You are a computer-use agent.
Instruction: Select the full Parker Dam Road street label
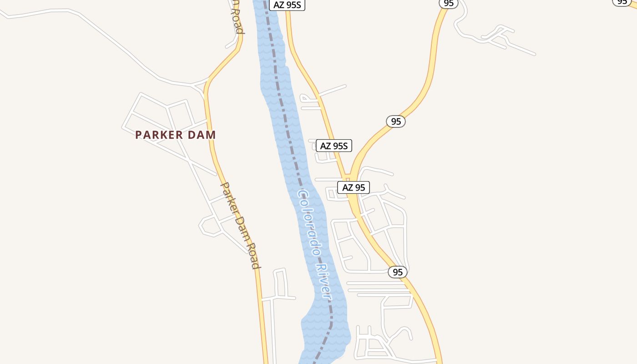tap(241, 226)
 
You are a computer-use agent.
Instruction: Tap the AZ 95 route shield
tap(354, 187)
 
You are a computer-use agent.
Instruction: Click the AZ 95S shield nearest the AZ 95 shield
tap(334, 146)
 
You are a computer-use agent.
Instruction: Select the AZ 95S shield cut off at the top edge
tap(287, 5)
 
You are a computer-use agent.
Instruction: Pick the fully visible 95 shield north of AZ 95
tap(396, 121)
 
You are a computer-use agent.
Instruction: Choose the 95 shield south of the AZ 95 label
tap(398, 272)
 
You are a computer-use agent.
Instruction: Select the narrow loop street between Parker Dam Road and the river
tap(280, 284)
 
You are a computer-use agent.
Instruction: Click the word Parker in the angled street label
tap(229, 198)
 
